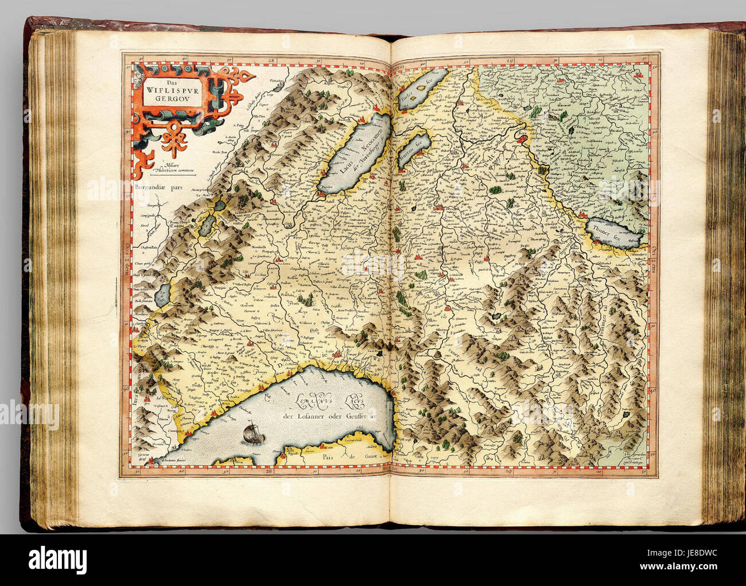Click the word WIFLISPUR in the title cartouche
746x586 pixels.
(x=173, y=89)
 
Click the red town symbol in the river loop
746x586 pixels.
(x=523, y=138)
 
